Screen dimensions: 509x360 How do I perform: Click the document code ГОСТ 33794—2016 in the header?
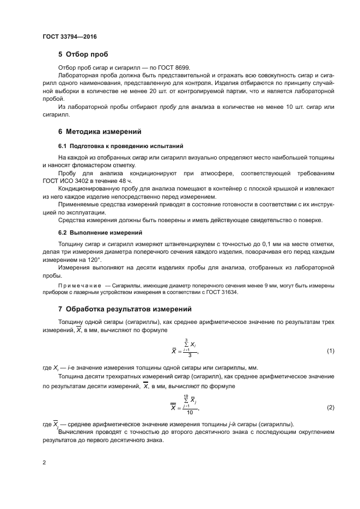coord(69,37)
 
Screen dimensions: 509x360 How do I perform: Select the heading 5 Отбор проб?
coord(83,54)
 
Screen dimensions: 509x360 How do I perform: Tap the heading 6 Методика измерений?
coord(99,132)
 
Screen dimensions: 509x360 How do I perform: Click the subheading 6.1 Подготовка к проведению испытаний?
coord(120,146)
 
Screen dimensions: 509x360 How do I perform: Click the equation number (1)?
coord(330,351)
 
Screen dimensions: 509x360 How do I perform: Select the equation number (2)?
coord(330,407)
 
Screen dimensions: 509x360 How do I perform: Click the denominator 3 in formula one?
coord(189,355)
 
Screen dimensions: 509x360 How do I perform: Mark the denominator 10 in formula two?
coord(189,412)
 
